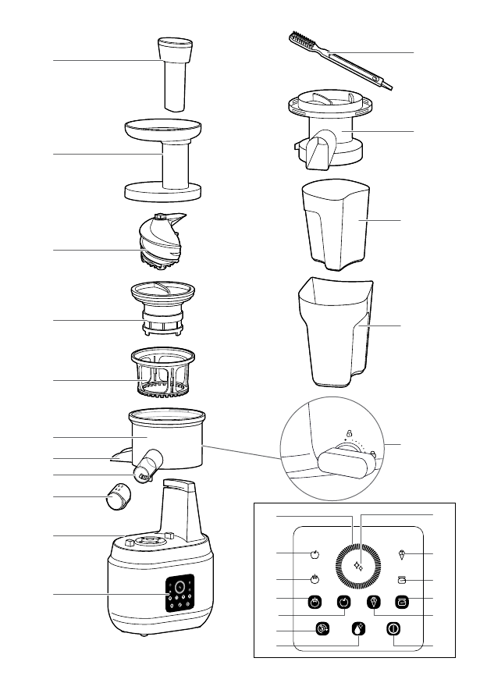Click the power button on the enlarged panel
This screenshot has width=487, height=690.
coord(394,629)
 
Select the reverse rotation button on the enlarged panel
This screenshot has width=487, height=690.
coord(322,629)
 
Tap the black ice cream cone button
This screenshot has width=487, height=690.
coord(372,602)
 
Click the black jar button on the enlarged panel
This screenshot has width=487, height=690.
coord(402,602)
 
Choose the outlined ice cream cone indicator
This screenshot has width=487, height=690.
coord(403,554)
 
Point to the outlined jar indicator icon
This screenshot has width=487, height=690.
coord(403,580)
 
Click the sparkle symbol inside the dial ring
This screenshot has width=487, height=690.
coord(359,567)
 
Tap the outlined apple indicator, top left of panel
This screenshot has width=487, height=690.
coord(315,554)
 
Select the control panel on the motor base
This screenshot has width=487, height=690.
coord(179,596)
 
